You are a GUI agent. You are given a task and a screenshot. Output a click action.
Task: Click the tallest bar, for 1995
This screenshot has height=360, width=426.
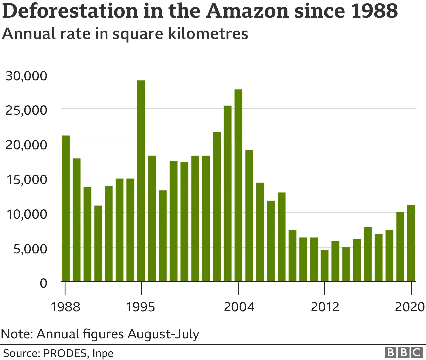pos(141,181)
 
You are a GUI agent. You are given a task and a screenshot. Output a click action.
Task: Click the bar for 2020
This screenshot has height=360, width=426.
pos(411,243)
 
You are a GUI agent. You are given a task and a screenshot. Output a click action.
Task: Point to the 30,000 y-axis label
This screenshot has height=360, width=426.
pos(27,76)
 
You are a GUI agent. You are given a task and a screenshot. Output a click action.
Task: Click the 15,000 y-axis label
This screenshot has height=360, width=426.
pos(27,180)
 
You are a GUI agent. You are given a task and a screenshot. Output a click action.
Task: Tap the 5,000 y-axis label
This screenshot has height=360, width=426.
pos(30,249)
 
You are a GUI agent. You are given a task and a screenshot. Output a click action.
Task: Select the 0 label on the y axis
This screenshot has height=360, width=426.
pos(43,283)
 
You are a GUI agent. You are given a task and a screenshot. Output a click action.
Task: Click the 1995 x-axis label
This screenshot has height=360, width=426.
pos(140,307)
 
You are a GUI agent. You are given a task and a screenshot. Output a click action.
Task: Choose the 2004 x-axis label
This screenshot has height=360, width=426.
pos(239,307)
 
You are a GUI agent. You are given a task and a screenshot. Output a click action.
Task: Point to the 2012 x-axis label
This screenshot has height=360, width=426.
pos(325,307)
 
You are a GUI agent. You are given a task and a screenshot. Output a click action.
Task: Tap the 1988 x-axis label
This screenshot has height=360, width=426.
pos(65,307)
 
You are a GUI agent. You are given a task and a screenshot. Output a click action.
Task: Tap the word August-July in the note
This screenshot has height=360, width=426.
pos(163,334)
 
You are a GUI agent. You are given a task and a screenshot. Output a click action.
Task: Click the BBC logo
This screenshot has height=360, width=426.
pos(403,352)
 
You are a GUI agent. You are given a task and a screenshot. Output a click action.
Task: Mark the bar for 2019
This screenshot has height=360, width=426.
pos(400,247)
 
